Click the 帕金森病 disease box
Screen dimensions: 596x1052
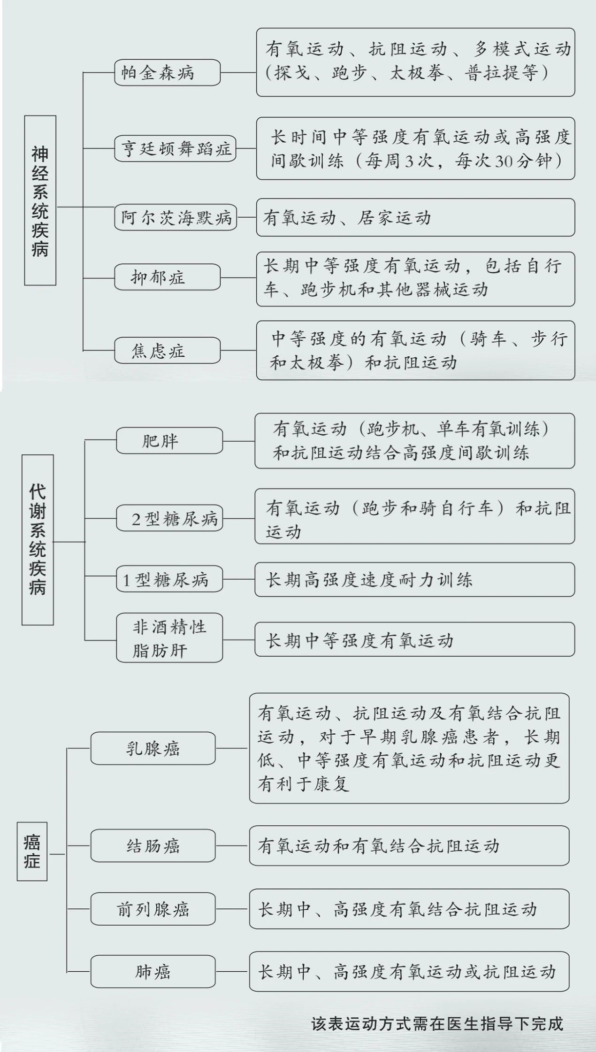coord(168,72)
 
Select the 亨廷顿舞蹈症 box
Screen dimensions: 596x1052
coord(176,148)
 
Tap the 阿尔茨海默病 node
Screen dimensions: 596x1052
coord(176,217)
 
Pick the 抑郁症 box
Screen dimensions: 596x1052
coord(168,277)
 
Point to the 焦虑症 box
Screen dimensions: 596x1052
coord(168,350)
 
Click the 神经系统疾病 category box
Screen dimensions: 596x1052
coord(40,200)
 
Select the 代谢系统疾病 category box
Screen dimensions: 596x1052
coord(38,540)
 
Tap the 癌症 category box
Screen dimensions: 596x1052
coord(32,851)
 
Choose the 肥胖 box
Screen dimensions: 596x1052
coord(169,440)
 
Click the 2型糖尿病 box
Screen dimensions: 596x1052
coord(169,518)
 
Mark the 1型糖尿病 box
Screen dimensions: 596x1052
coord(169,579)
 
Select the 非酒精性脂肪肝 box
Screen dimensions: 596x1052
coord(169,637)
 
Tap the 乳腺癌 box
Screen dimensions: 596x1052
coord(153,748)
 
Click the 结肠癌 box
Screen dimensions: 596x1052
coord(153,845)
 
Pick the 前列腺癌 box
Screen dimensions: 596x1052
coord(153,909)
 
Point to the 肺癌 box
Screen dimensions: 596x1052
coord(153,971)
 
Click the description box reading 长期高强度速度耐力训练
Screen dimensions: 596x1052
coord(415,579)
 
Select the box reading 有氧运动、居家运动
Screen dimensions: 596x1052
coord(415,217)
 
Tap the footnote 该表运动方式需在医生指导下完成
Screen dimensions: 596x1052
coord(437,1023)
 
